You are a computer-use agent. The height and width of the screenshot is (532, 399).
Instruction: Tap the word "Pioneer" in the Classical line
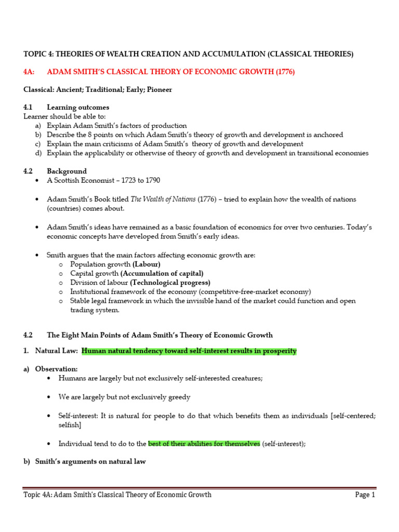(158, 89)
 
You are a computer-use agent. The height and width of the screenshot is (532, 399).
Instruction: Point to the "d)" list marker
(38, 153)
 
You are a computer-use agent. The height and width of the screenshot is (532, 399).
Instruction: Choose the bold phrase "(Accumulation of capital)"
(162, 273)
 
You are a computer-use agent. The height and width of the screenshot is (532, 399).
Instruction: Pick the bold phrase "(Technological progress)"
(170, 283)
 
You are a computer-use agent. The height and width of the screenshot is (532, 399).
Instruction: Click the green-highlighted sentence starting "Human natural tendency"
(189, 351)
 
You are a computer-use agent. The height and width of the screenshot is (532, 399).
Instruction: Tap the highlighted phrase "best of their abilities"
(204, 444)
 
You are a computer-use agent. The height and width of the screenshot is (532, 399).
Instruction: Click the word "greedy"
(178, 397)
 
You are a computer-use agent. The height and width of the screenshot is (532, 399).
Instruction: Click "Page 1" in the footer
(365, 495)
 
